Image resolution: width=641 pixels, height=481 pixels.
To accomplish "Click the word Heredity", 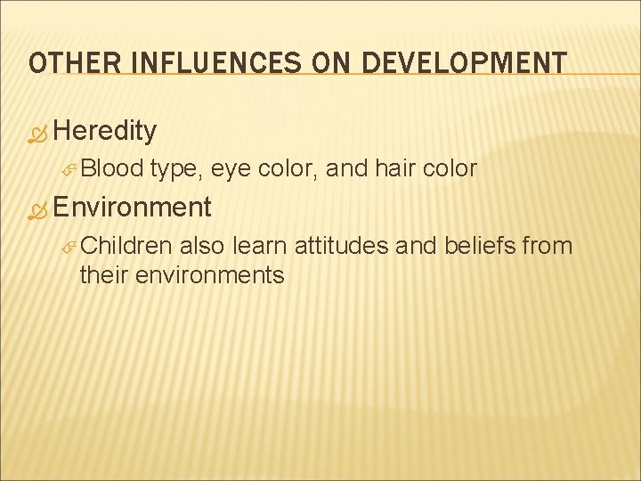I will [x=105, y=132].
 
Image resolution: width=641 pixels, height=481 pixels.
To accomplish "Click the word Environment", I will [x=132, y=208].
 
